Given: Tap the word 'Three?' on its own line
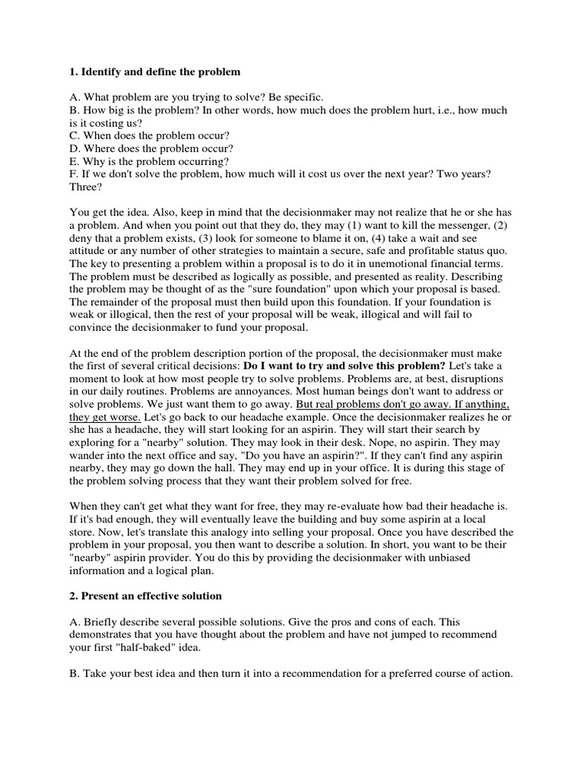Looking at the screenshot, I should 86,187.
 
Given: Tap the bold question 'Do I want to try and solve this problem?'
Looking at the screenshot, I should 344,365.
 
